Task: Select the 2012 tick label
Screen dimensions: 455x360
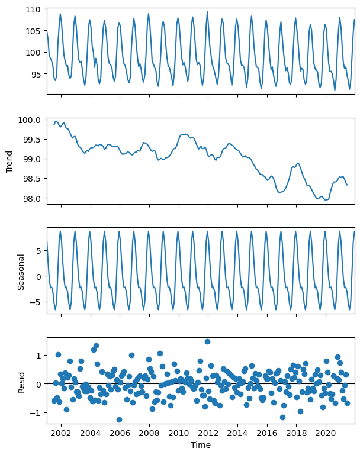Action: click(x=208, y=433)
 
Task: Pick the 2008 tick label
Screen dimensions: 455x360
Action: click(x=149, y=433)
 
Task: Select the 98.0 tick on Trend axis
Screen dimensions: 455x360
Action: click(x=33, y=199)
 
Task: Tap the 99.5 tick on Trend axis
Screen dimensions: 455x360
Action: click(x=33, y=140)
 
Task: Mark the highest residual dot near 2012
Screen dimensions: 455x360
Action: click(x=207, y=341)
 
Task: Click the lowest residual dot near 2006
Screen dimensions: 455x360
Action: click(x=119, y=419)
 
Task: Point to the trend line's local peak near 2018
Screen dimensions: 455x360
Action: click(x=298, y=163)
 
